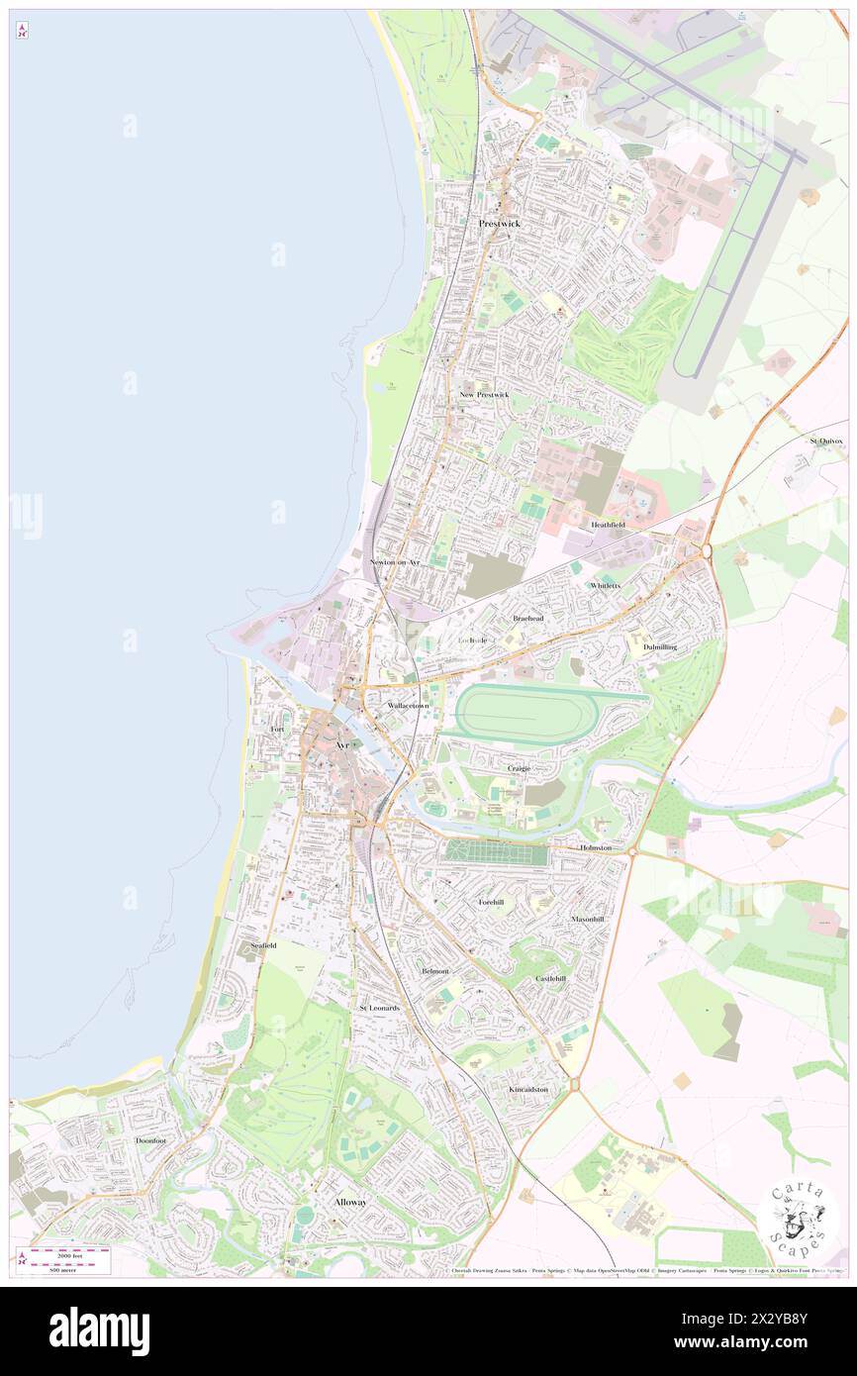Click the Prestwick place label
(x=499, y=224)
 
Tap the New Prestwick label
(x=484, y=395)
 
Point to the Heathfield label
(x=608, y=525)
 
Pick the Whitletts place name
(x=605, y=586)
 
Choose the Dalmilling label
(x=659, y=646)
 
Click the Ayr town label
(x=342, y=744)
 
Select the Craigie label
(x=519, y=768)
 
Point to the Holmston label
(x=596, y=848)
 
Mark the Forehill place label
(x=492, y=903)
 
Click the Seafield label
(x=263, y=945)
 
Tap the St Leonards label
(x=379, y=1008)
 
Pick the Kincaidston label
(x=528, y=1089)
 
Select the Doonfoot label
(x=151, y=1140)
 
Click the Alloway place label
(x=349, y=1202)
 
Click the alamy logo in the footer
(x=99, y=1331)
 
